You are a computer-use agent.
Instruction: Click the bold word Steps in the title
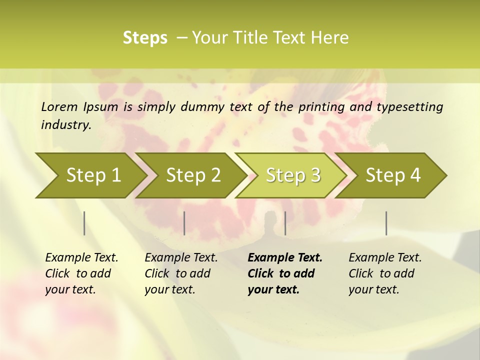145,38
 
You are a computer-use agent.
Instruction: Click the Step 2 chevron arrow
193,175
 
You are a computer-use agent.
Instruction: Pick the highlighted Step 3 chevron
293,175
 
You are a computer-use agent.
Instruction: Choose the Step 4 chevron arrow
393,175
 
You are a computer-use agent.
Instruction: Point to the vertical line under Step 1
84,223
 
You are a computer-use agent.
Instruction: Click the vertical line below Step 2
184,223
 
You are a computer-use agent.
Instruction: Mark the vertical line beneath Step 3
285,223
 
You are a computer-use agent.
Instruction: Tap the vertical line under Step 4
386,223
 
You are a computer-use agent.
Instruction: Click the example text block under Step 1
81,273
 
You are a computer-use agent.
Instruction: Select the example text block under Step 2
181,273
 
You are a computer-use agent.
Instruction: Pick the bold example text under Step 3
284,273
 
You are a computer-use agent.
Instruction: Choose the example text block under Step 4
385,273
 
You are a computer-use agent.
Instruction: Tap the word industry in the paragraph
66,125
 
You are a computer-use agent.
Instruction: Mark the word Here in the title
329,38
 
